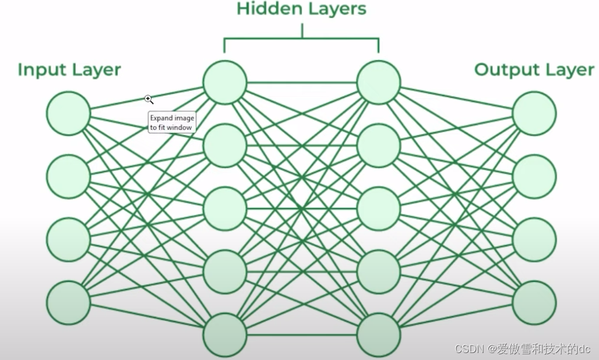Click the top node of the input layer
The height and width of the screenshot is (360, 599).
coord(68,114)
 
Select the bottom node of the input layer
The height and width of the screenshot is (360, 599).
coord(68,303)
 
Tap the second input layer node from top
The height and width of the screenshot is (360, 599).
coord(68,177)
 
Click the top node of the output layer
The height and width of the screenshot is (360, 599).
coord(534,114)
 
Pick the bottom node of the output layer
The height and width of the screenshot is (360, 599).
coord(534,303)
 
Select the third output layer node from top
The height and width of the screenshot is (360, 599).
coord(534,240)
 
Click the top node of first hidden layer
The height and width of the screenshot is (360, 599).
coord(225,82)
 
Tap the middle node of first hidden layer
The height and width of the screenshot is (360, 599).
coord(225,209)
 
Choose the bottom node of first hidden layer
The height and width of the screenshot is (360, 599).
coord(225,335)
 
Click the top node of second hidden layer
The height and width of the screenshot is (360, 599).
coord(379,82)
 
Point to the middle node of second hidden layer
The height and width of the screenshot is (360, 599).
coord(379,209)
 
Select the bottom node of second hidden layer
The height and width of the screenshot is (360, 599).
coord(379,335)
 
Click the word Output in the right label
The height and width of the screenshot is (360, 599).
coord(505,70)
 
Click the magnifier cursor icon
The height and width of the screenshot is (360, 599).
coord(149,100)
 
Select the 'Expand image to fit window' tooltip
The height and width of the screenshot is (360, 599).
coord(171,122)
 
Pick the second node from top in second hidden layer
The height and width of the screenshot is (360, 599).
coord(379,146)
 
